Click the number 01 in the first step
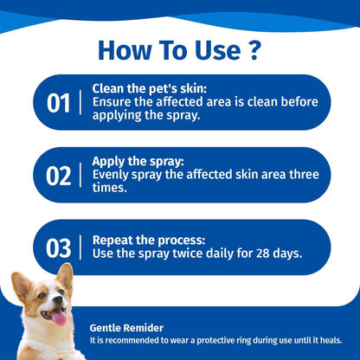(59, 103)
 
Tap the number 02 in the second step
(59, 176)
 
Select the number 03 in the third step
(59, 247)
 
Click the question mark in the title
(253, 49)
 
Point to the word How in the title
(125, 49)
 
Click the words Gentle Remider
(127, 328)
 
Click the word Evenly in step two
(112, 173)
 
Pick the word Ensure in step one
(112, 101)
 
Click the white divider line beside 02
(82, 176)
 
